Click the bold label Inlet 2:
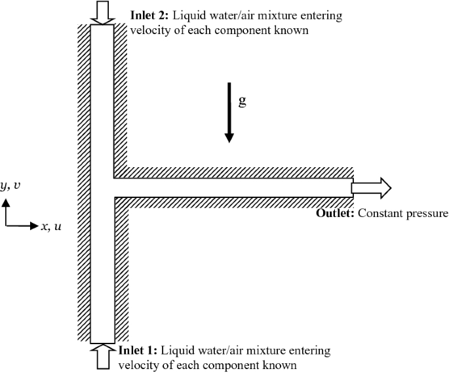[x=150, y=14]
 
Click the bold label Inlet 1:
[x=138, y=351]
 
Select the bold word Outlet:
[x=336, y=214]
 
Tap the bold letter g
[x=242, y=102]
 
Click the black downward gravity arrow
[x=229, y=111]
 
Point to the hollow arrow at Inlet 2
[x=102, y=12]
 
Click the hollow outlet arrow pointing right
[x=371, y=188]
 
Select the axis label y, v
[x=10, y=186]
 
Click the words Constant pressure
[x=402, y=214]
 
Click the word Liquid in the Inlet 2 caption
[x=187, y=14]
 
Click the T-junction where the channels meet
[x=103, y=187]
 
